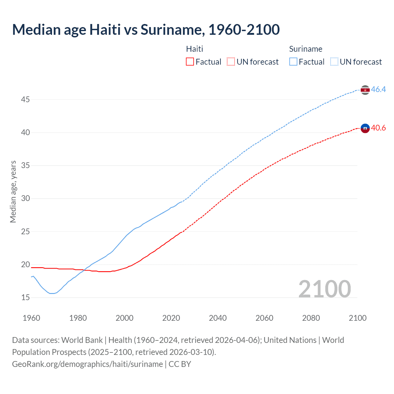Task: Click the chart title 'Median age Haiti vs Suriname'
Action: click(146, 30)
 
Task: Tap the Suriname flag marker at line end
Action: click(365, 90)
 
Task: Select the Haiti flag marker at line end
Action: click(365, 128)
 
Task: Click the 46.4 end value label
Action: click(378, 90)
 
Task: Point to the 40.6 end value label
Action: click(378, 128)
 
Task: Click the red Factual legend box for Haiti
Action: click(190, 62)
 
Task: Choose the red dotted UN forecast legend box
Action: click(231, 62)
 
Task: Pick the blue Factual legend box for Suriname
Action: click(293, 62)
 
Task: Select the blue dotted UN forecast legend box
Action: click(334, 62)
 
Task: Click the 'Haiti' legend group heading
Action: click(195, 49)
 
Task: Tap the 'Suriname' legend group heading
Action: click(306, 49)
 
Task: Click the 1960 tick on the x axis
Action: click(31, 318)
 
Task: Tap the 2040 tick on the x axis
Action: click(218, 318)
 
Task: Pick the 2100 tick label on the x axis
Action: click(357, 318)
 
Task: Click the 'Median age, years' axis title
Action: click(13, 191)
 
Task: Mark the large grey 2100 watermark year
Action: click(325, 289)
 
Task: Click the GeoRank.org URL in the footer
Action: click(87, 364)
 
